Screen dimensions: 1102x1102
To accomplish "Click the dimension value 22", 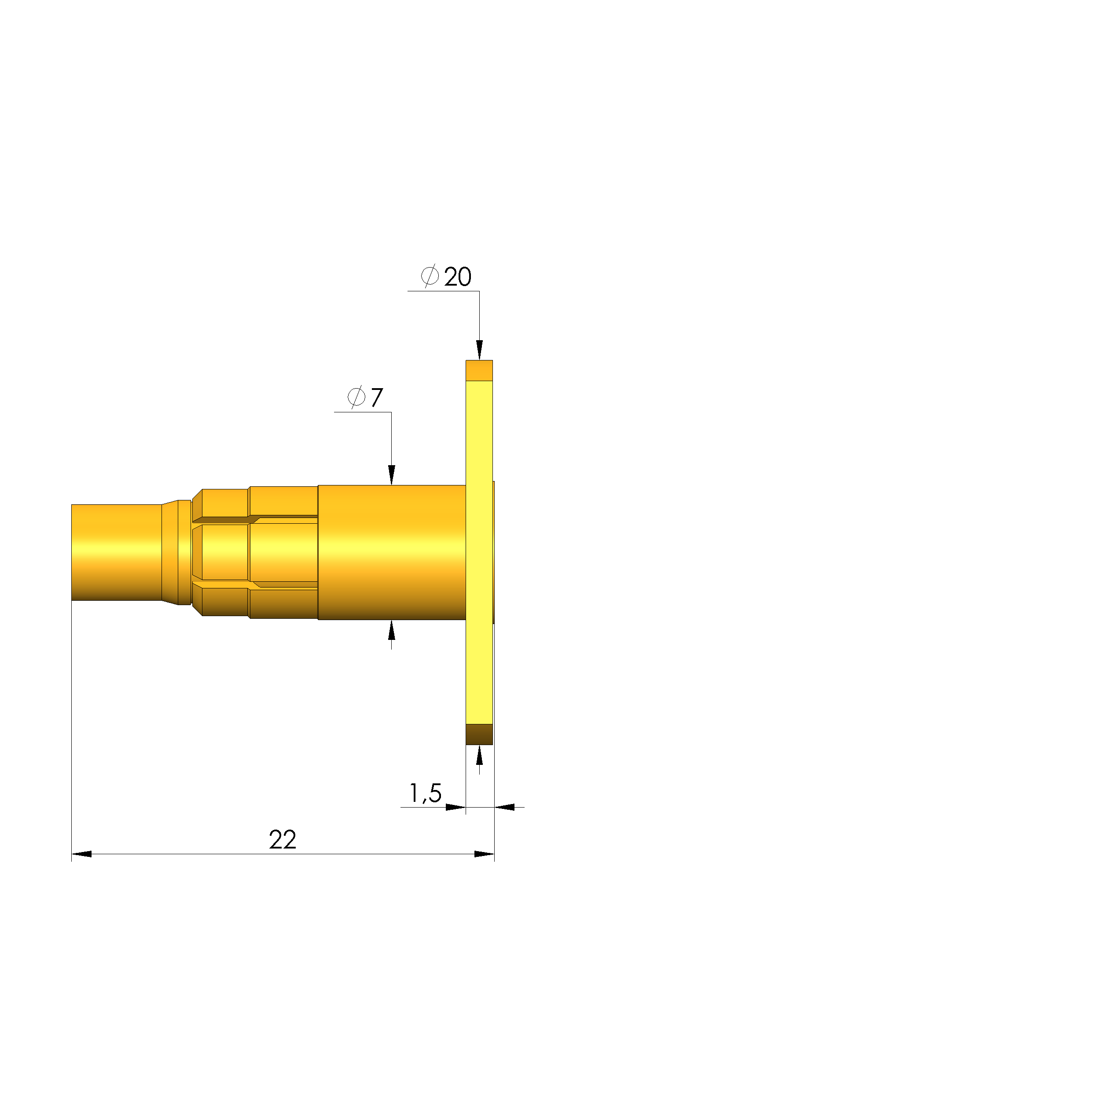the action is click(x=283, y=840).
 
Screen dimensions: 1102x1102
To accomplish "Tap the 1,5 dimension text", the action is click(x=426, y=793).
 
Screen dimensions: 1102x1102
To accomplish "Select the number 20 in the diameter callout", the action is click(x=457, y=277).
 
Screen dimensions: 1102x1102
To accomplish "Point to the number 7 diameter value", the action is click(x=376, y=397).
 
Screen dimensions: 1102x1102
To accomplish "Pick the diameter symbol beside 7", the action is click(x=356, y=397).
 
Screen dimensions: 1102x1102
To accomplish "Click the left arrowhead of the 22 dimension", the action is click(x=81, y=854).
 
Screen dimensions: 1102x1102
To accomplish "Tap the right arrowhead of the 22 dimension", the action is click(x=484, y=854).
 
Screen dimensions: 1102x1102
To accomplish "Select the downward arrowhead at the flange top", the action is click(x=479, y=349).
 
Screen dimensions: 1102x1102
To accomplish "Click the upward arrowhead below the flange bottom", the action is click(x=479, y=755).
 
